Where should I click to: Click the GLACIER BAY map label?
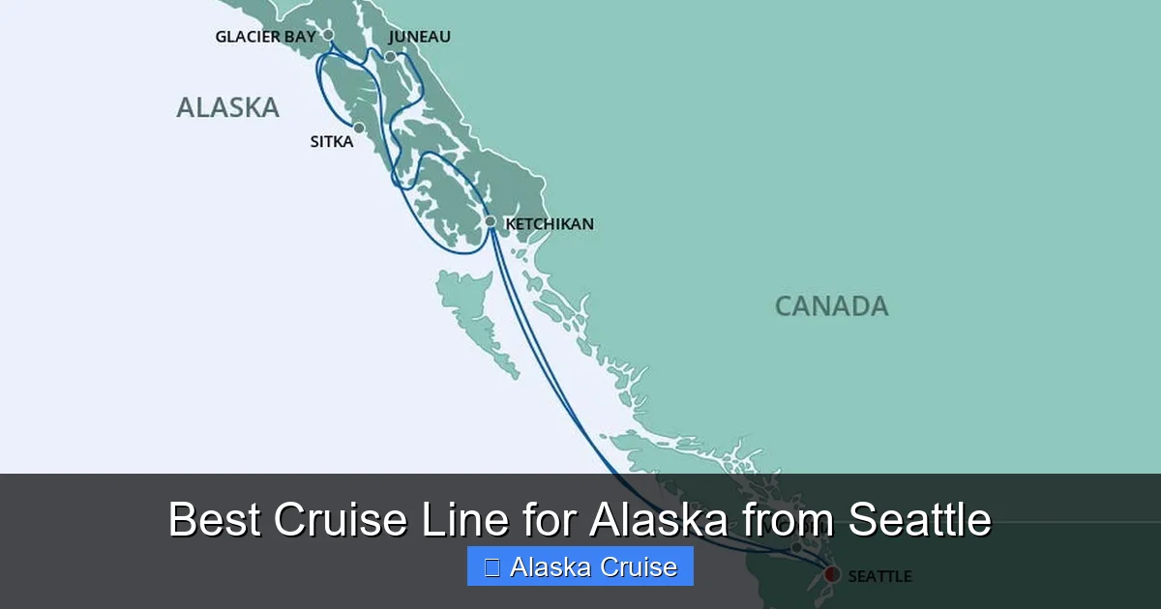(265, 37)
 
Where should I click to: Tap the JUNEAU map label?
(419, 37)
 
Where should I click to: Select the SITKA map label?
(331, 142)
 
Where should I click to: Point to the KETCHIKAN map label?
(550, 224)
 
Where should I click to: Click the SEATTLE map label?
(879, 576)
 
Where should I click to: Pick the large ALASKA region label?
(227, 107)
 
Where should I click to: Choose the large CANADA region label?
(831, 306)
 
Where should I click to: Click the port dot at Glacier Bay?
(328, 35)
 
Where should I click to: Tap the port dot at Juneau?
(390, 57)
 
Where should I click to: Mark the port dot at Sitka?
(359, 128)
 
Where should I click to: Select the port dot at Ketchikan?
(491, 222)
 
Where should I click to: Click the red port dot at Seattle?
(831, 575)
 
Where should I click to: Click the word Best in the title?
(214, 520)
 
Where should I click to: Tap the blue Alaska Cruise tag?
(580, 566)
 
